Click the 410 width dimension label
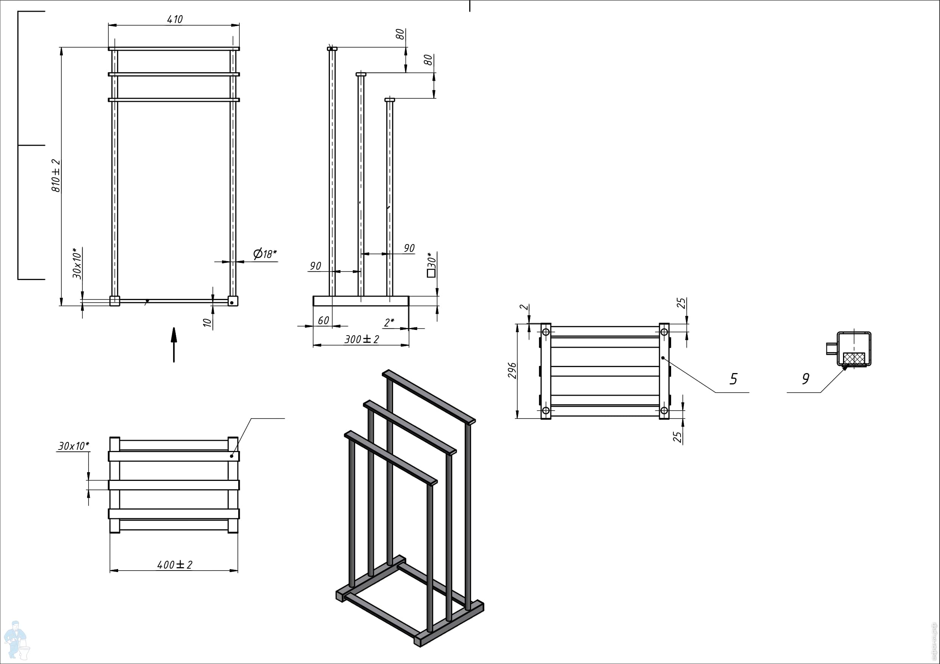point(175,19)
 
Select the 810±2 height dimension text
point(56,176)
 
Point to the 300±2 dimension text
point(362,339)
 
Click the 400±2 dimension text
point(175,564)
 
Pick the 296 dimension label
point(512,370)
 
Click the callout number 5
point(733,379)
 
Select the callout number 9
point(805,379)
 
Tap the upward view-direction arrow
point(174,345)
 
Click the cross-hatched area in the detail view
point(854,358)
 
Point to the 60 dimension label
point(323,320)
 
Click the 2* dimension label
point(389,322)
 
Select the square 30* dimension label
point(431,265)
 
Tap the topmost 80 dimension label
point(400,34)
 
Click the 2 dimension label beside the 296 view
point(525,307)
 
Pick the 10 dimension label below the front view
point(208,322)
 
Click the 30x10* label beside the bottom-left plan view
point(74,446)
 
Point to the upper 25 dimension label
point(681,303)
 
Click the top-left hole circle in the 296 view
point(546,332)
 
